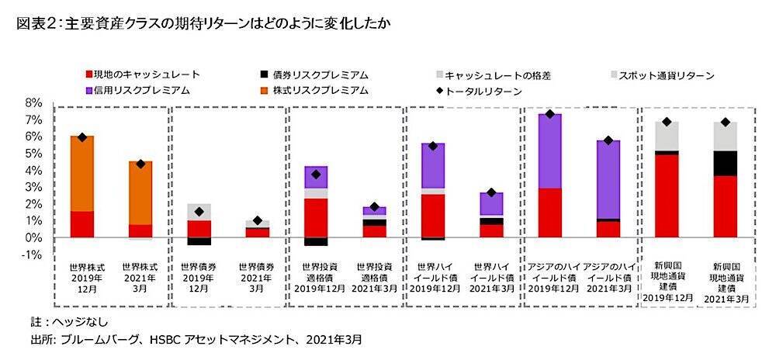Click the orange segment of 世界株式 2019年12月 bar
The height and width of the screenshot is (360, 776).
[81, 173]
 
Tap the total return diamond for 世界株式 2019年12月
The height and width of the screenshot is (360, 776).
[81, 137]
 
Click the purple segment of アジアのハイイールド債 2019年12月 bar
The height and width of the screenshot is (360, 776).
[549, 151]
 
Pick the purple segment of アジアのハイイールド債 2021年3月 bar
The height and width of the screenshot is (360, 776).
[608, 178]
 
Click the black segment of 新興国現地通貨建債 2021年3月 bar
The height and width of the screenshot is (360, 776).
[726, 163]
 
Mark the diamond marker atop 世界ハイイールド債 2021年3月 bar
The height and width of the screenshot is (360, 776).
[490, 192]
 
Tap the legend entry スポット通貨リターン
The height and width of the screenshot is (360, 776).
[667, 75]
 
